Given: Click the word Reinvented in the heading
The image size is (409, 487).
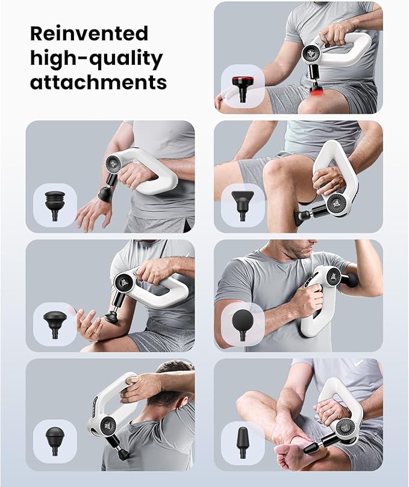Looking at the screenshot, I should [x=89, y=32].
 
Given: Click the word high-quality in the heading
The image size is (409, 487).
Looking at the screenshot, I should [x=96, y=58].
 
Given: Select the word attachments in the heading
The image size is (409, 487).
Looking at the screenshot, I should [x=98, y=82].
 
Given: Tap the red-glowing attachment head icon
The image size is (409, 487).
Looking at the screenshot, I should [x=242, y=85].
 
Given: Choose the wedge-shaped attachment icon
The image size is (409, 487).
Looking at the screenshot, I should [x=242, y=203].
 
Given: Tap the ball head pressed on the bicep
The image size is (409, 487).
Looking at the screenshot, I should [x=351, y=280].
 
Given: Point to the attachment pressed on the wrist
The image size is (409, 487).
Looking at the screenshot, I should [x=106, y=194].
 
